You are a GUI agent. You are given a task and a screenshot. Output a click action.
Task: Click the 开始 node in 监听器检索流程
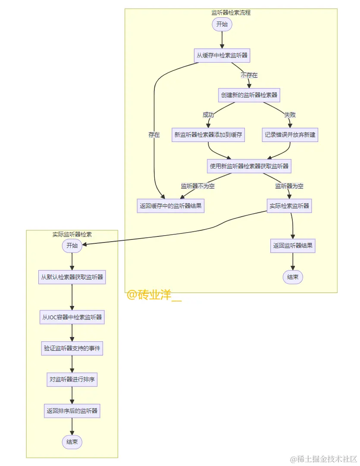[222, 25]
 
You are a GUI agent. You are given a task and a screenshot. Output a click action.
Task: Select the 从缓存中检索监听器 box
[222, 56]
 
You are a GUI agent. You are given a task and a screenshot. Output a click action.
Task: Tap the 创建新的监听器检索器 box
[249, 95]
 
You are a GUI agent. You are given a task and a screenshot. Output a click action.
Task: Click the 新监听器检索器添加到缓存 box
[208, 135]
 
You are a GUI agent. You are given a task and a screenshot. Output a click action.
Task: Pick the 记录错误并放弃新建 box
[290, 135]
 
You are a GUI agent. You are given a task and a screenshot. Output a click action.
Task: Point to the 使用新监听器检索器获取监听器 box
[249, 166]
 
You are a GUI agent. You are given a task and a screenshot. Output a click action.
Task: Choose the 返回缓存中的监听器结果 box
[170, 206]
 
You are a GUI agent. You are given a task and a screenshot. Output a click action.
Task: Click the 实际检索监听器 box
[289, 206]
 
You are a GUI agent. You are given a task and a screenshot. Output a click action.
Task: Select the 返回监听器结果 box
[293, 246]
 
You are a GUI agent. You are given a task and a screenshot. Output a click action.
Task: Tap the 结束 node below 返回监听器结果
[293, 277]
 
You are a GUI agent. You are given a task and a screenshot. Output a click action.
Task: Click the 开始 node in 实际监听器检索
[72, 246]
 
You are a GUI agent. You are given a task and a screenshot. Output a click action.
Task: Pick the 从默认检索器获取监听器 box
[72, 277]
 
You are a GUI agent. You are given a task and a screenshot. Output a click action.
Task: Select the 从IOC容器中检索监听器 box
[72, 317]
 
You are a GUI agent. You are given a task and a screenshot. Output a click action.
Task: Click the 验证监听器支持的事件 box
[72, 348]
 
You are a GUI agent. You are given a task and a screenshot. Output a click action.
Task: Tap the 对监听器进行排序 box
[72, 380]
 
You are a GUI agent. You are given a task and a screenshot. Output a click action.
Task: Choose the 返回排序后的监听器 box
[72, 411]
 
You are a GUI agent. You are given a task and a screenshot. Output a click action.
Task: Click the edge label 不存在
[249, 76]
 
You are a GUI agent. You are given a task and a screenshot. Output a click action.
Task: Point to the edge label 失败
[290, 115]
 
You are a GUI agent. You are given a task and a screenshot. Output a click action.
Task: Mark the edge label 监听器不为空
[197, 186]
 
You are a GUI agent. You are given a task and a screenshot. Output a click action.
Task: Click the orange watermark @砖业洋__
[154, 296]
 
